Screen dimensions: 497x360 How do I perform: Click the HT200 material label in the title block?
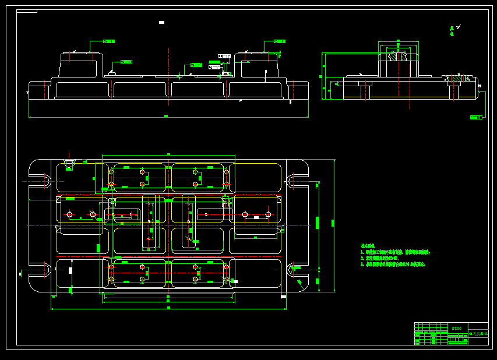[x=456, y=328]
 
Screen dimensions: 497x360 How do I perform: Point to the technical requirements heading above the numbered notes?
[x=368, y=246]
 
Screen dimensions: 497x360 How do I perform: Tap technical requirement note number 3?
[x=393, y=264]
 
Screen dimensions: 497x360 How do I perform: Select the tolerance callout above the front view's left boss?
[x=108, y=41]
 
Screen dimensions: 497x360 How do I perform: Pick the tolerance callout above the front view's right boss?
[x=279, y=41]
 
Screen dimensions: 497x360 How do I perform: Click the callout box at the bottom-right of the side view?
[x=476, y=117]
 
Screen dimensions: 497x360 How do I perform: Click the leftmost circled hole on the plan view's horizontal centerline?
[x=70, y=214]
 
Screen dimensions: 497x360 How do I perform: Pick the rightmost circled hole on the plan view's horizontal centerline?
[x=268, y=214]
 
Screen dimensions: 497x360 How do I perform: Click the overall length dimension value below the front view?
[x=166, y=116]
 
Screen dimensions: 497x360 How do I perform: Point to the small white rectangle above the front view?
[x=161, y=22]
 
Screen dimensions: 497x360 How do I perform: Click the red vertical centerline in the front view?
[x=225, y=82]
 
